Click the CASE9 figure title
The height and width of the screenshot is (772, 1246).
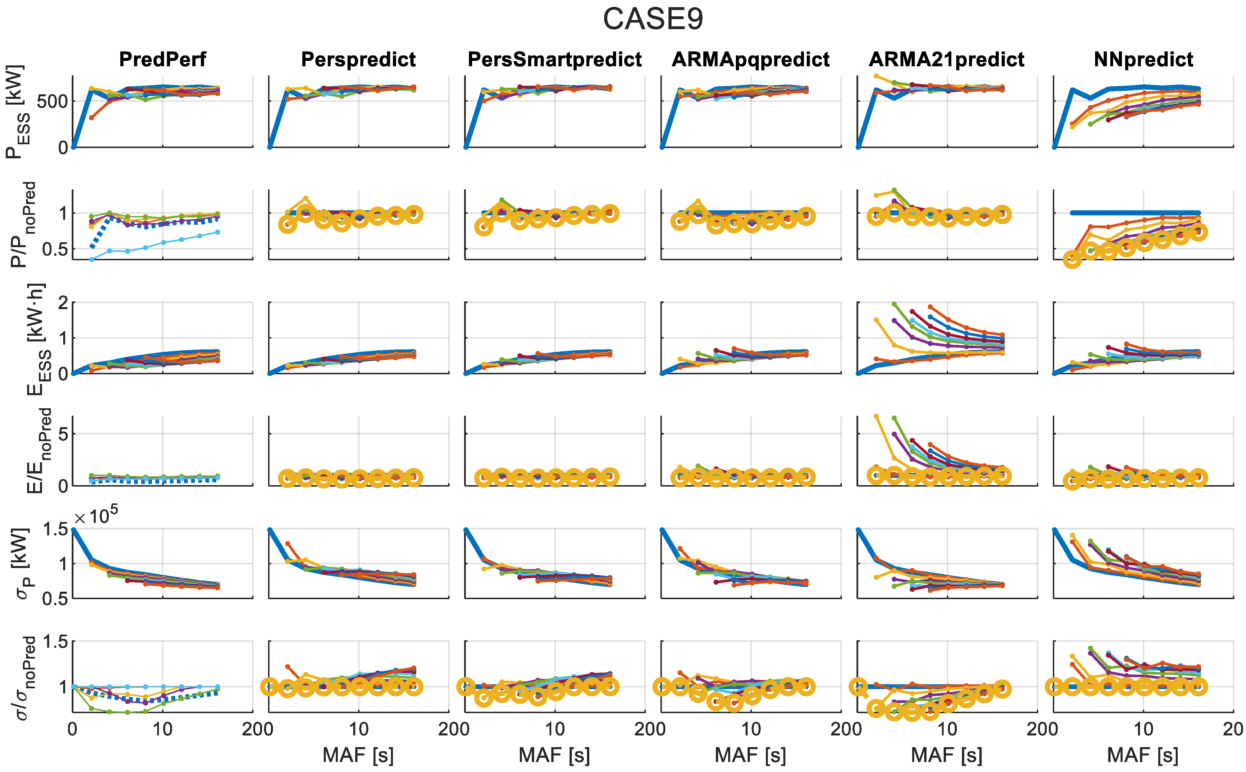[653, 19]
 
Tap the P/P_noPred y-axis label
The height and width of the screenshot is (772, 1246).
[23, 225]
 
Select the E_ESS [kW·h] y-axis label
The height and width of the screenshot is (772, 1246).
[37, 339]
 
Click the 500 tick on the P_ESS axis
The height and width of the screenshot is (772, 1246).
[52, 101]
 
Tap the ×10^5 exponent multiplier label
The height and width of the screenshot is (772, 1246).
[96, 517]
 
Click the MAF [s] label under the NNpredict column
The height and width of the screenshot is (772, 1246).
[1143, 755]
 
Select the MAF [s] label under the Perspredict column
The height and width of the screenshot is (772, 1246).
[358, 755]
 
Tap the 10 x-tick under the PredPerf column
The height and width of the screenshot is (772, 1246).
[162, 729]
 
